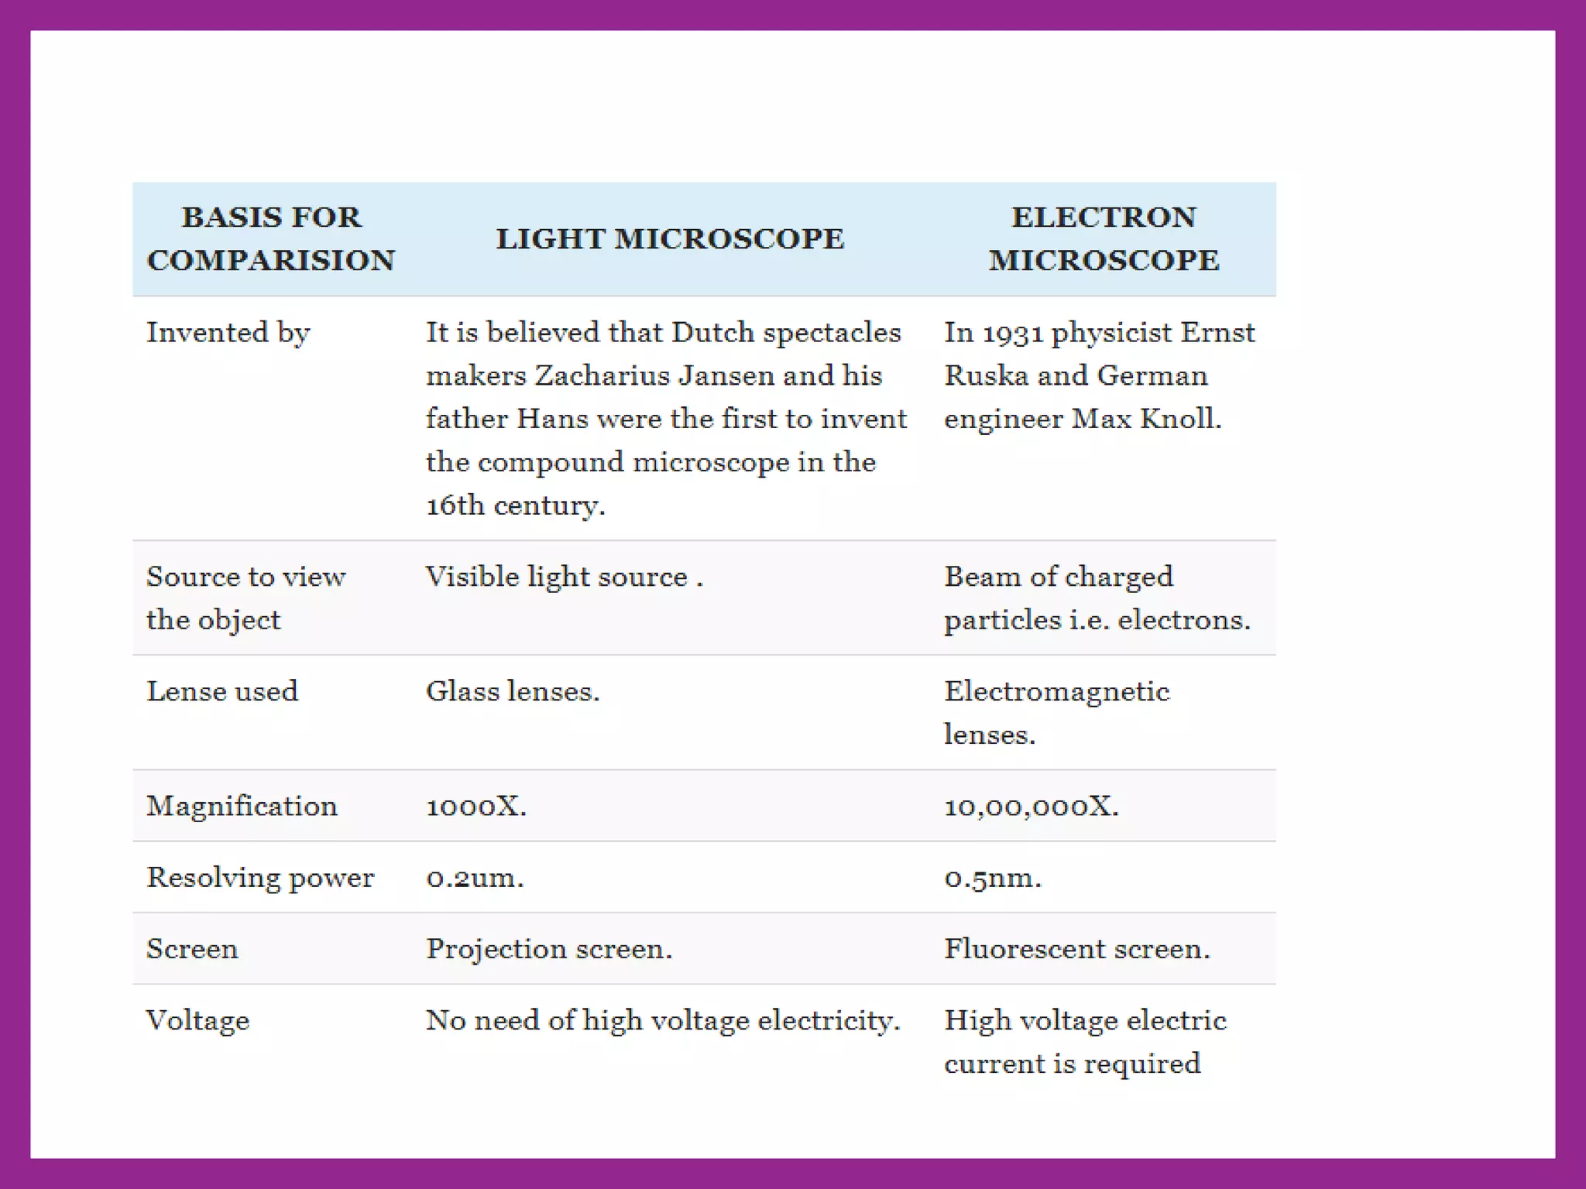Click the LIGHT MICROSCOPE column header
click(670, 238)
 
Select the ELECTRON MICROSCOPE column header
click(1104, 238)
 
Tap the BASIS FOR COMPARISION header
click(271, 238)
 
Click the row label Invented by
click(228, 333)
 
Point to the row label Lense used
click(222, 690)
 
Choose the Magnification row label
click(242, 806)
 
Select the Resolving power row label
click(260, 877)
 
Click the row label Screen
click(192, 948)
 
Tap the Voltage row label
click(197, 1020)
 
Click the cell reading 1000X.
click(475, 807)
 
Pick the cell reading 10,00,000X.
click(1031, 807)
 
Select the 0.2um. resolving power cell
click(475, 878)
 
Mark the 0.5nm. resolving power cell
click(993, 878)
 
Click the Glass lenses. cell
click(513, 690)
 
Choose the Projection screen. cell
click(549, 948)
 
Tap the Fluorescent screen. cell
click(1076, 948)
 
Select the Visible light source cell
click(564, 577)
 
